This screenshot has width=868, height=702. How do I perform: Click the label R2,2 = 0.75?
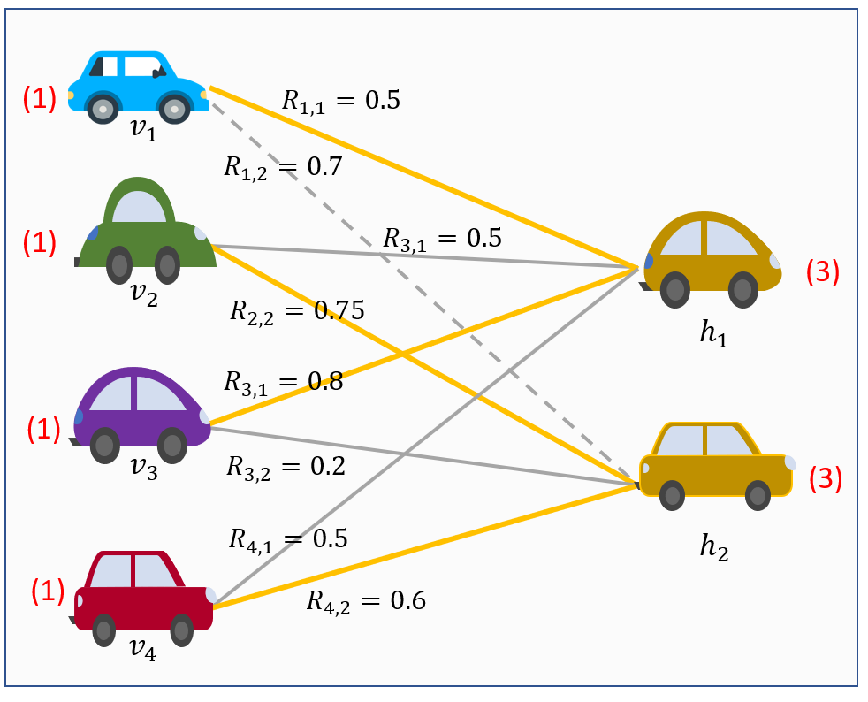(297, 310)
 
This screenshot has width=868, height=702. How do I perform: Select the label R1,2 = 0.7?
(282, 165)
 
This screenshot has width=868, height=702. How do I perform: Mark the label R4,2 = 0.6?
(366, 601)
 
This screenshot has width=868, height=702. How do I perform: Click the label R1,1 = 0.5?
(340, 99)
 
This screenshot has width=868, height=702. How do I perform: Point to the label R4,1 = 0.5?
(288, 538)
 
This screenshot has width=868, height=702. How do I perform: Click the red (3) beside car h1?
(822, 272)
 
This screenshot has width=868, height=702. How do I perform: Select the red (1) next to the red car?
(49, 590)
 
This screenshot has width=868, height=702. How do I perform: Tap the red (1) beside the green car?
(40, 242)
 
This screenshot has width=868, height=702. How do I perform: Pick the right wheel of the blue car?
(175, 110)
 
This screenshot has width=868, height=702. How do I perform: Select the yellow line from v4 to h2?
(424, 546)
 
